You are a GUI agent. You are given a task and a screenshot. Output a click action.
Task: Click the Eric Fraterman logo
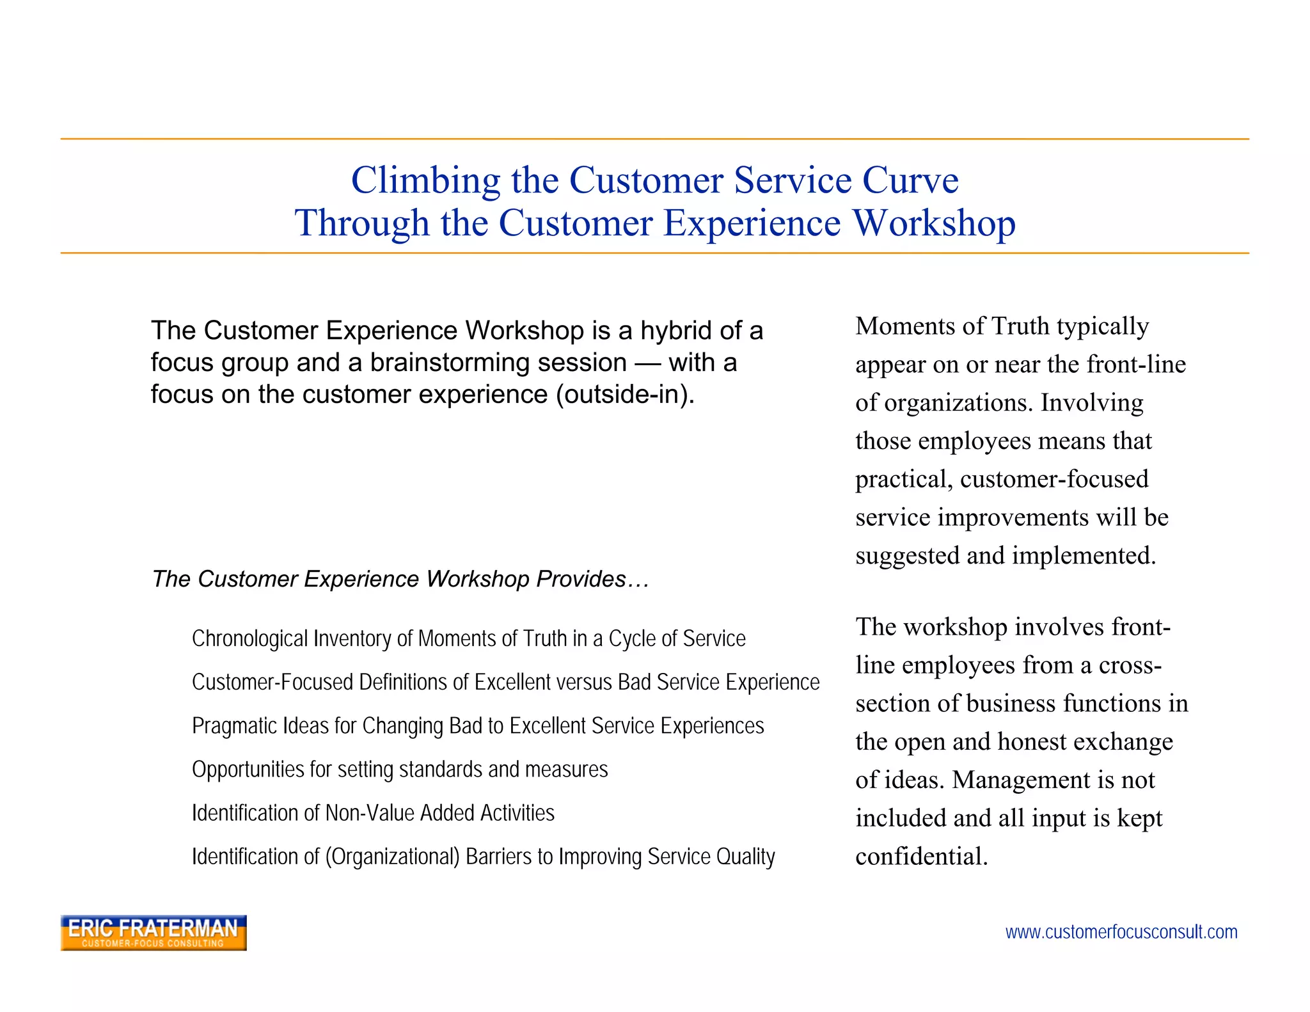[x=154, y=932]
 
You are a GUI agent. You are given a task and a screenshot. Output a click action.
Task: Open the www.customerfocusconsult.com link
[x=1121, y=932]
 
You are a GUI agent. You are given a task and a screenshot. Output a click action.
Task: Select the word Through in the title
[x=361, y=224]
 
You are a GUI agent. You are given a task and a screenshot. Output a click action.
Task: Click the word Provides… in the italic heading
[x=593, y=579]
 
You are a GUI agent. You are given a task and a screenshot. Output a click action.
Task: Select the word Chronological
[x=249, y=638]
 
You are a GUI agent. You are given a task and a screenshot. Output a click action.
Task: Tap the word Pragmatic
[x=234, y=726]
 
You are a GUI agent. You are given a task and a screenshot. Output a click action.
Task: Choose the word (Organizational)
[x=392, y=857]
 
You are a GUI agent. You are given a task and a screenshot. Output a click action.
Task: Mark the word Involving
[x=1092, y=403]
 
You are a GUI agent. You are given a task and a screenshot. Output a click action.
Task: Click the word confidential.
[x=921, y=857]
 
